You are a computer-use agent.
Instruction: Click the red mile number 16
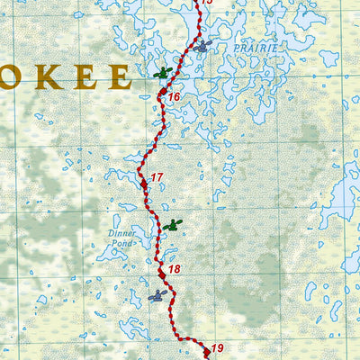pyautogui.click(x=175, y=97)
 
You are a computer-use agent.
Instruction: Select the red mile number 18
pyautogui.click(x=175, y=269)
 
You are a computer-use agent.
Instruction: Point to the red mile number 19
pyautogui.click(x=217, y=347)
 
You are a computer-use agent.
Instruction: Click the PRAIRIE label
pyautogui.click(x=257, y=47)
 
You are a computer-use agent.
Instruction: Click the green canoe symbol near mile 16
pyautogui.click(x=162, y=73)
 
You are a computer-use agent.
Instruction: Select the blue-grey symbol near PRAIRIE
pyautogui.click(x=203, y=45)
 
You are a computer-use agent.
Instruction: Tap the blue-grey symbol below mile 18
pyautogui.click(x=157, y=295)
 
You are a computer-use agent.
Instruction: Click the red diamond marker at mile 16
pyautogui.click(x=162, y=93)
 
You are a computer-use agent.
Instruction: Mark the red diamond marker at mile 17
pyautogui.click(x=143, y=183)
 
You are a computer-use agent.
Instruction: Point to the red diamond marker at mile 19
pyautogui.click(x=205, y=351)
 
